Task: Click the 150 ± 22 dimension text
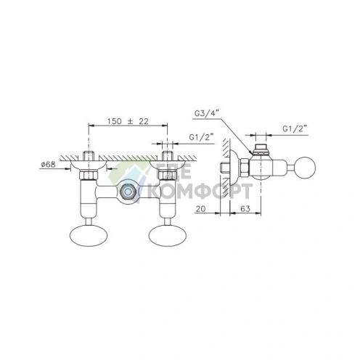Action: (128, 121)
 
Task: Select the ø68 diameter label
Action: (49, 165)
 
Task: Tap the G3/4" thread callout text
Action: (207, 112)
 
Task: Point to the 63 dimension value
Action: (245, 208)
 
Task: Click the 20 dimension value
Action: (200, 208)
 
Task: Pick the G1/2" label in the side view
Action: (295, 128)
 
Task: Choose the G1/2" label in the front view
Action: (201, 137)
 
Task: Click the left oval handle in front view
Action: (89, 235)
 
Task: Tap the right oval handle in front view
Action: (168, 235)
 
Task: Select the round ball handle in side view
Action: (305, 168)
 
